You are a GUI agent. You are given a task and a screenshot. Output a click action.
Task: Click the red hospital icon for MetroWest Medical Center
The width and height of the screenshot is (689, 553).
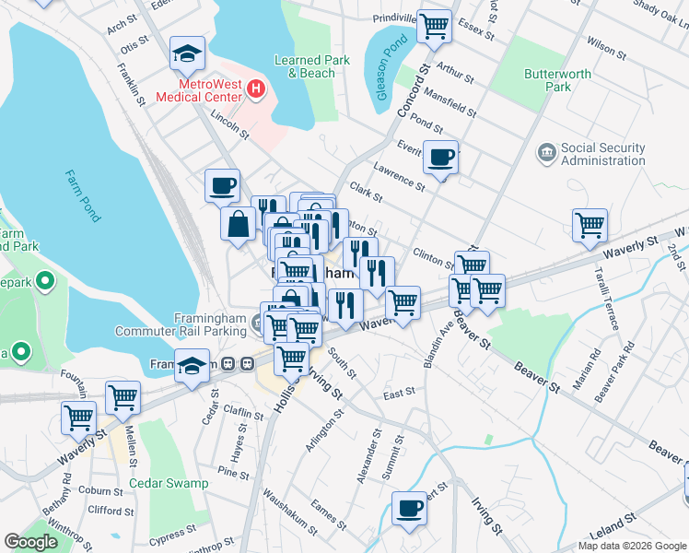click(x=256, y=89)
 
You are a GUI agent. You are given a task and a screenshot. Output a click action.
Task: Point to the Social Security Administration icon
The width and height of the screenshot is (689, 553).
click(x=546, y=150)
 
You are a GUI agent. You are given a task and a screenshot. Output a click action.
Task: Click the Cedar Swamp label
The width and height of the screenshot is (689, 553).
click(x=169, y=483)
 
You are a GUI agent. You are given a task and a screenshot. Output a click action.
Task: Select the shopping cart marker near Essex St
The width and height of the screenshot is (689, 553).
click(x=434, y=26)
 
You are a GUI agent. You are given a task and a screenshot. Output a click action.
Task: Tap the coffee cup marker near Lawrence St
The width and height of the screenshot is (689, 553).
click(x=441, y=157)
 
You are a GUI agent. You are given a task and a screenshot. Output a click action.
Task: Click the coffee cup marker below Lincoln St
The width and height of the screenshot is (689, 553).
click(x=222, y=185)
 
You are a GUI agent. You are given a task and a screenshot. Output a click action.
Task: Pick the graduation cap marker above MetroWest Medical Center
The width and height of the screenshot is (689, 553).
click(x=187, y=55)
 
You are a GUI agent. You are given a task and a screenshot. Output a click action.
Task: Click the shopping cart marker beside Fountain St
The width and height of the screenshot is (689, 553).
click(x=123, y=397)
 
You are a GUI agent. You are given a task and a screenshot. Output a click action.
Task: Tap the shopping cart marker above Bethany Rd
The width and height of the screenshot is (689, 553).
click(x=78, y=418)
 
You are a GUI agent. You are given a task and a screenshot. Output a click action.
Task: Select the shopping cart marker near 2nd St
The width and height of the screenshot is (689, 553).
click(x=590, y=225)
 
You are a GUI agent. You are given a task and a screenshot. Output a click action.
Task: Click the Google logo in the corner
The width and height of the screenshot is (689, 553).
click(x=30, y=542)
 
